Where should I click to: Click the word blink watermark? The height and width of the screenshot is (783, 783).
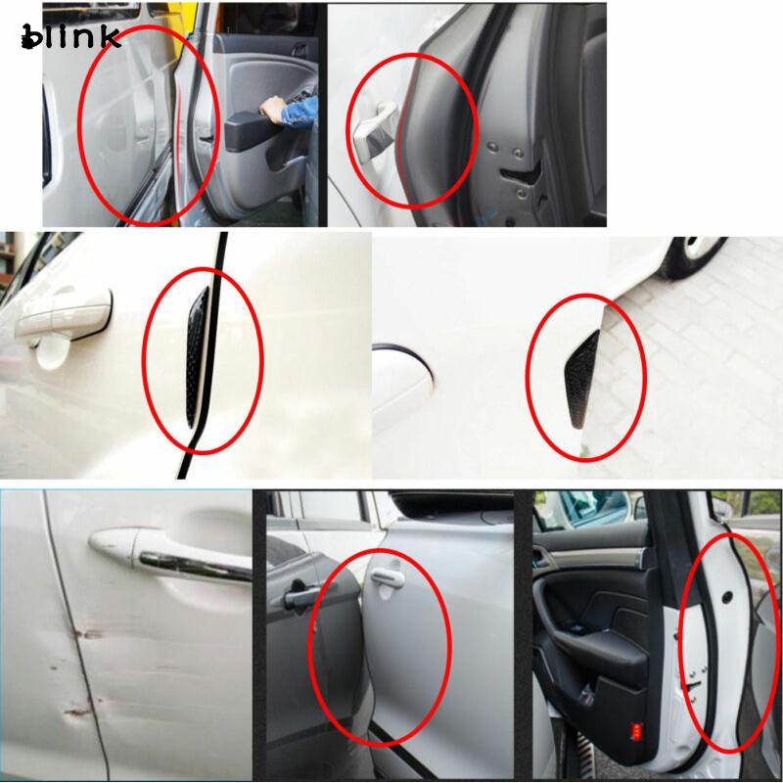(69, 36)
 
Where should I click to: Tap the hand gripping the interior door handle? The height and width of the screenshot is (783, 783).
(272, 105)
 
